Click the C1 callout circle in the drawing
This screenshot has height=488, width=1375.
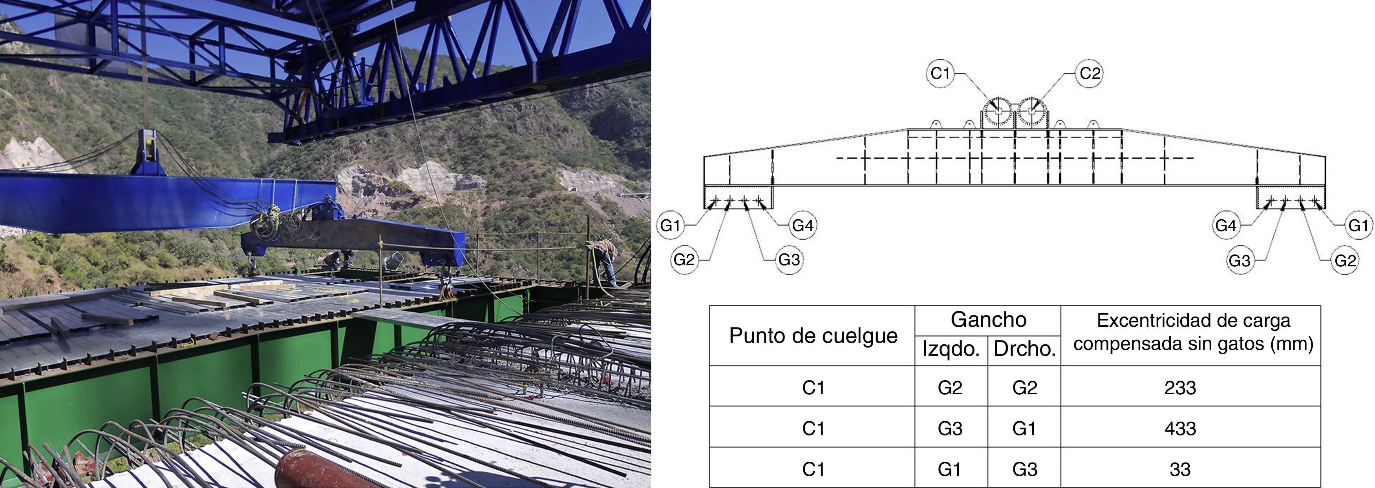click(940, 73)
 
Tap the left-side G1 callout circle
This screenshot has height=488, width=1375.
click(670, 226)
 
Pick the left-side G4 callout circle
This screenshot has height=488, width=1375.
click(802, 226)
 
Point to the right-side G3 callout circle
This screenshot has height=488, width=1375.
click(1240, 261)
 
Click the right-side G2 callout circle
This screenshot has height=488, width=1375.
click(1345, 261)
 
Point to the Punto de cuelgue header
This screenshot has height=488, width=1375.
click(813, 335)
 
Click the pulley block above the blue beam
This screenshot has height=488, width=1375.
click(148, 151)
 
